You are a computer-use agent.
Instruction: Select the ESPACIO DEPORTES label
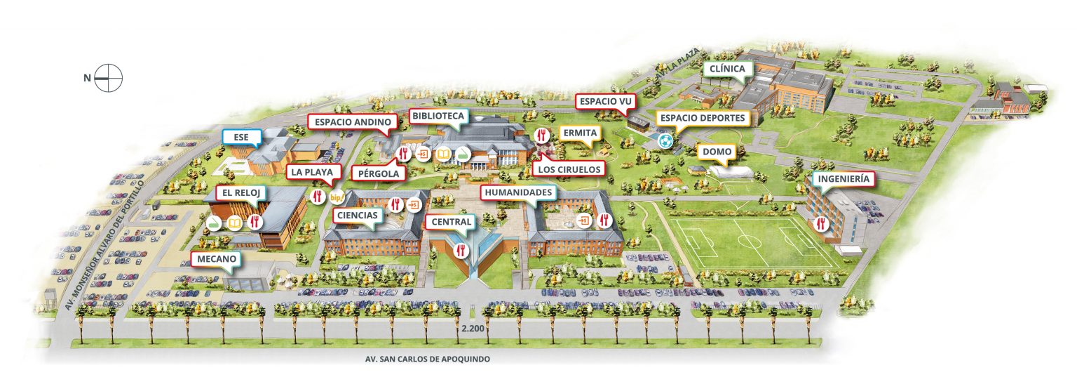coord(701,118)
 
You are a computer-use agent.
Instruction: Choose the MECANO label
coord(217,259)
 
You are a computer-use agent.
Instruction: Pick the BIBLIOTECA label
coord(436,116)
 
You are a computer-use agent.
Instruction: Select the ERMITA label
coord(578,133)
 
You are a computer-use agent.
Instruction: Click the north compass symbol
coord(109,77)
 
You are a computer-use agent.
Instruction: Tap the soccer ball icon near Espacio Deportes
coord(665,141)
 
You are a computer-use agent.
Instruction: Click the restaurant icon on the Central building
coord(461,249)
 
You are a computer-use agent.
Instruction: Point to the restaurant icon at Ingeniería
coord(820,224)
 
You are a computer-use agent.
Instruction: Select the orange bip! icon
coord(337,197)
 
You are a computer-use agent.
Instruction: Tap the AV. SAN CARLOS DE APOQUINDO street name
coord(428,359)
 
